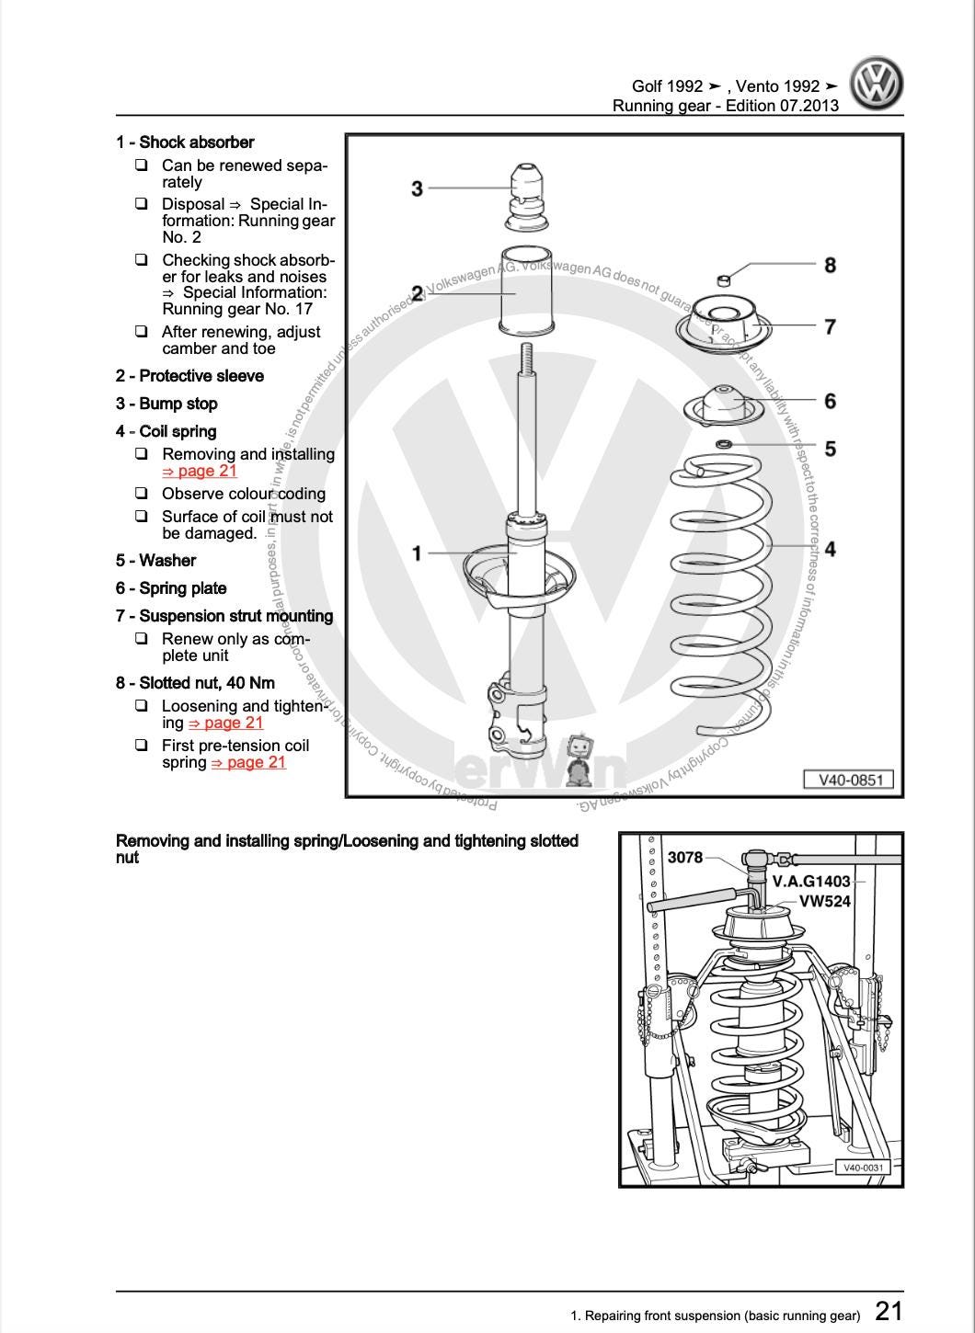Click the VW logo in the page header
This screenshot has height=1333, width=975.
coord(876,83)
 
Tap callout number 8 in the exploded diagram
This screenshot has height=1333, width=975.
coord(830,266)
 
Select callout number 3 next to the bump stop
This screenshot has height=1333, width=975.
coord(417,188)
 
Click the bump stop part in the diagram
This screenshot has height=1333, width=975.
coord(528,197)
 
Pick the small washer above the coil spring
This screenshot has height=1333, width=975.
coord(724,446)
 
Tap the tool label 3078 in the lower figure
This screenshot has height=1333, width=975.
coord(684,858)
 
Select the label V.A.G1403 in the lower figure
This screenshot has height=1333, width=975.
coord(810,881)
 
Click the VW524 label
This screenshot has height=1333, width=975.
coord(824,902)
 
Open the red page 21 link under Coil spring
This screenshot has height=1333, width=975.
coord(200,472)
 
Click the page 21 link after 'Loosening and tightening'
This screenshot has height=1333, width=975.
coord(226,723)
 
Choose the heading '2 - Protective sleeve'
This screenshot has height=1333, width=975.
coord(189,376)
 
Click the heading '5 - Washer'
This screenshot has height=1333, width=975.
coord(155,561)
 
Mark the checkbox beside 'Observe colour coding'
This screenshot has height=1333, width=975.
coord(142,494)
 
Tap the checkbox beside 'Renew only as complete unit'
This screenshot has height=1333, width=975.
coord(142,639)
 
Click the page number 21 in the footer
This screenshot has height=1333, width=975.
coord(888,1311)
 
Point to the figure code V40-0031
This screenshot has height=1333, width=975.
coord(863,1168)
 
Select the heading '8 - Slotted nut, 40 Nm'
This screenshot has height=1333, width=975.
coord(195,683)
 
